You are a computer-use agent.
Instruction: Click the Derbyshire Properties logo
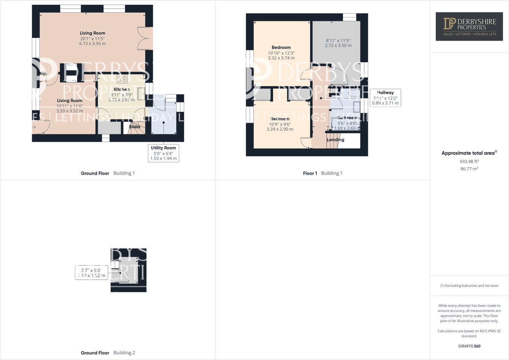(469, 26)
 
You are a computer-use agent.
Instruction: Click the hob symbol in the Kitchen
(122, 79)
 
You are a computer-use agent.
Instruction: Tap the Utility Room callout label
(163, 153)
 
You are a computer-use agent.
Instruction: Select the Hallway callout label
(385, 97)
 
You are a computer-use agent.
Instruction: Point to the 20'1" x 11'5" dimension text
(92, 39)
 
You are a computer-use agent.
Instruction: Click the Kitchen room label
(121, 89)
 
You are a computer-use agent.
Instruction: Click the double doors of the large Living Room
(146, 38)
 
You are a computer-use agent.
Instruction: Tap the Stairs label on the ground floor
(135, 127)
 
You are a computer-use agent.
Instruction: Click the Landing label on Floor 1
(335, 140)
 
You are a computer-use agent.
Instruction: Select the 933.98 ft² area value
(469, 161)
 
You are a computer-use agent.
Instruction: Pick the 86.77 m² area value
(469, 169)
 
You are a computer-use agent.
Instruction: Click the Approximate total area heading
(469, 153)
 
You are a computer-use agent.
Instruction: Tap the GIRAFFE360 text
(469, 346)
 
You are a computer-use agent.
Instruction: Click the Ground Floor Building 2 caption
(108, 353)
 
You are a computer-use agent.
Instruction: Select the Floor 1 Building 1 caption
(322, 173)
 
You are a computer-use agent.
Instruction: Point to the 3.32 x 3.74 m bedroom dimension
(281, 58)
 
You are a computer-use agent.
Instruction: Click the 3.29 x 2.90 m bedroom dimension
(280, 129)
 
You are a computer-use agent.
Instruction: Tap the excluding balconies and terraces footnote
(469, 286)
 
